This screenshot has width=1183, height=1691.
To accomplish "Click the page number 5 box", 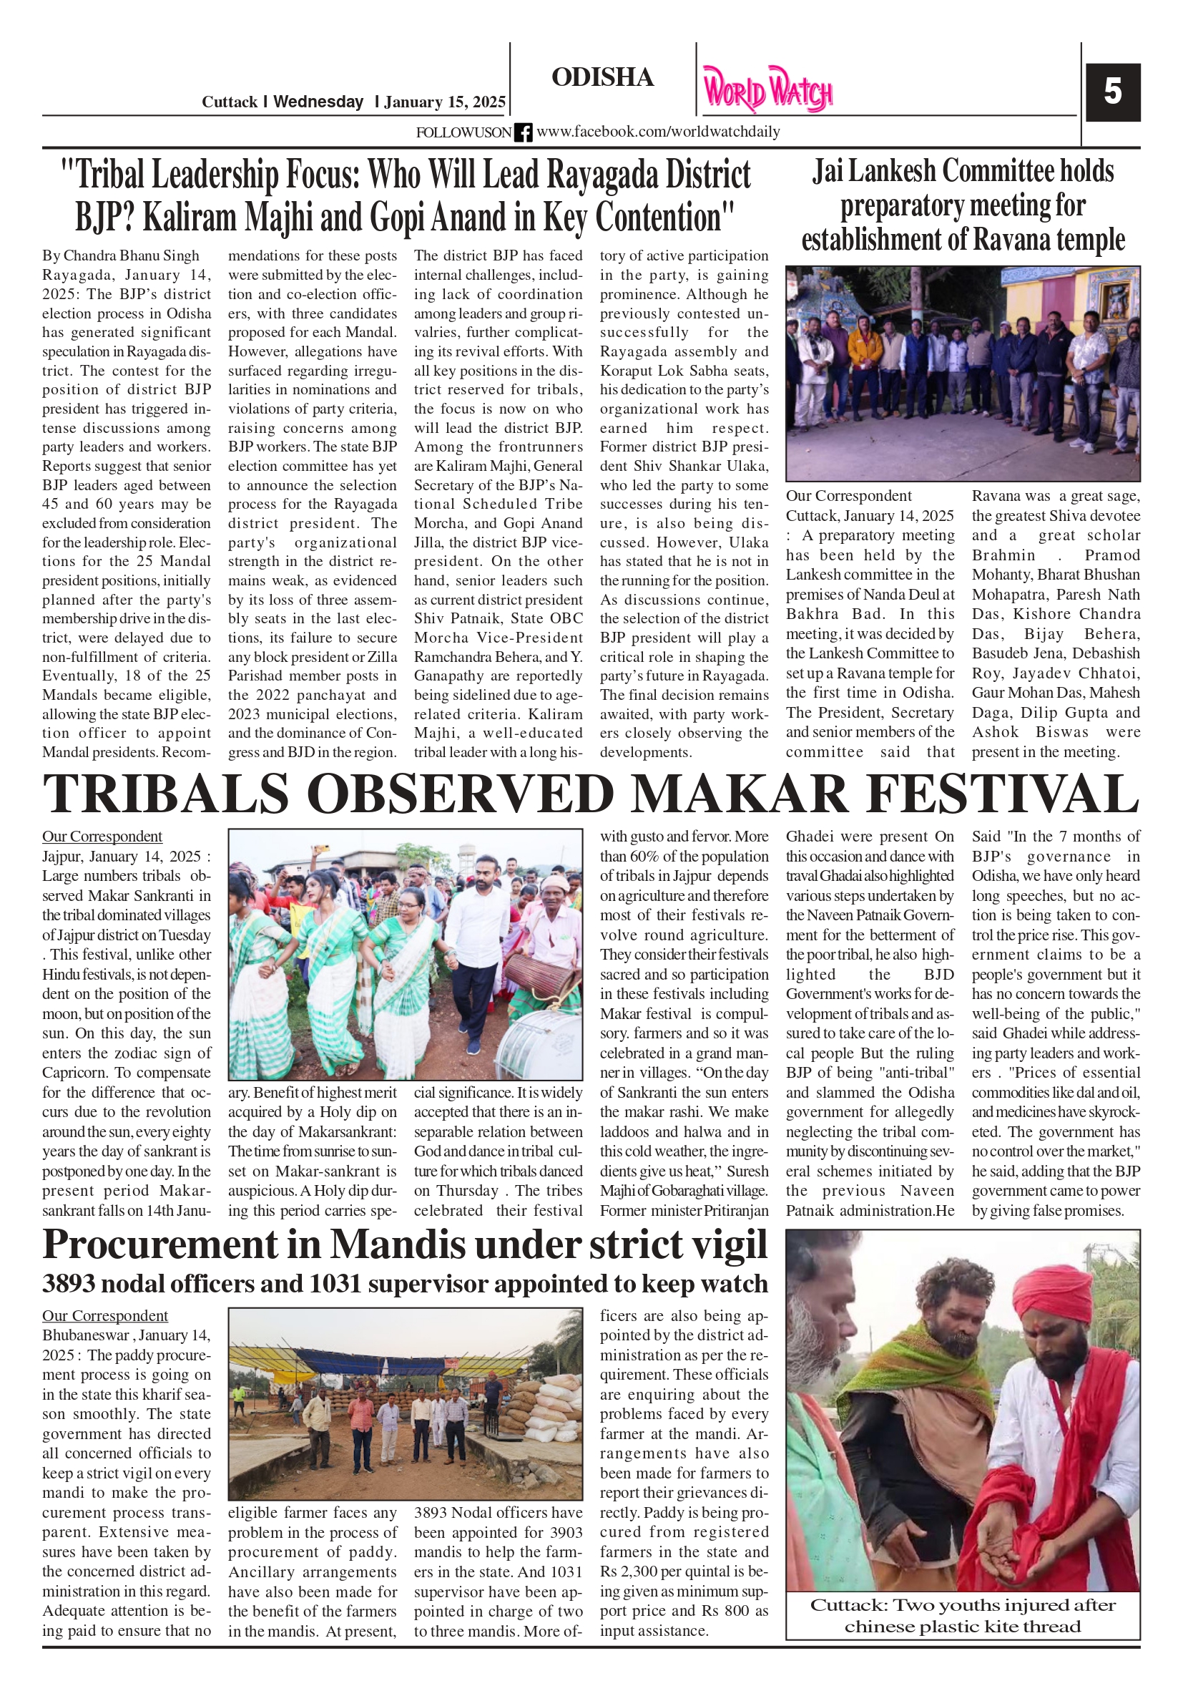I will (x=1112, y=92).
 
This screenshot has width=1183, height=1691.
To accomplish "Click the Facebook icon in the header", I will (x=523, y=132).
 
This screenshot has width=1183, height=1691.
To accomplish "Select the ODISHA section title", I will (x=602, y=77).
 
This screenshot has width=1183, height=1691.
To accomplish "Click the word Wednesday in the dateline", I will (x=318, y=102).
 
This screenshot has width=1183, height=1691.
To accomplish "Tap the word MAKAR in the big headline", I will (x=739, y=794).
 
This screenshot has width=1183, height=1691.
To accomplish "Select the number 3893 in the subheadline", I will (x=69, y=1285).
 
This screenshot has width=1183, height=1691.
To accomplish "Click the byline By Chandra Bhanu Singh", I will (x=121, y=255).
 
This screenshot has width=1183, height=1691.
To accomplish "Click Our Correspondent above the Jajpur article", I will (x=102, y=837).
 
